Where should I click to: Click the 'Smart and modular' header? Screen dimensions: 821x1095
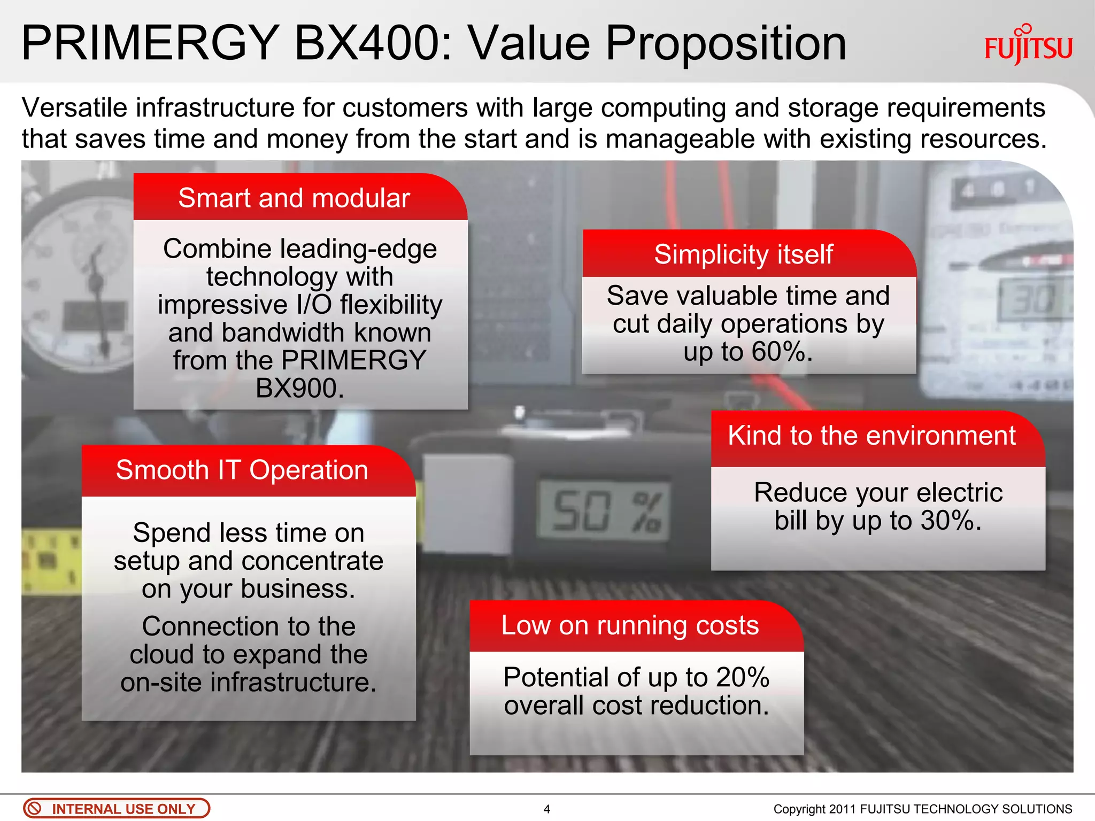294,198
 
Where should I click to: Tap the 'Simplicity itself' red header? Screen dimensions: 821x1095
743,254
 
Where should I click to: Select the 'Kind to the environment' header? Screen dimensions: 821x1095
872,436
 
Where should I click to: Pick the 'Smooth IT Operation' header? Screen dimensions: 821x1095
242,470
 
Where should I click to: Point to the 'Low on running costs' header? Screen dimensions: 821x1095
630,625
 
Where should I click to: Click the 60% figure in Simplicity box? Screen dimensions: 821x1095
782,352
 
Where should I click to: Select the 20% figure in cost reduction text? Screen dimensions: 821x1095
743,677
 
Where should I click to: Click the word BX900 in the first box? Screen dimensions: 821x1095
299,388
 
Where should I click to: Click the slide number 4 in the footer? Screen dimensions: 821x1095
546,809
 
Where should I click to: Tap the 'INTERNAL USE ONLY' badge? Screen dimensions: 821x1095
117,809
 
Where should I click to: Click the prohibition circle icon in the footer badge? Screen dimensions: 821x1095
34,809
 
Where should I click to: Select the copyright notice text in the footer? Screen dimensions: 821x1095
923,809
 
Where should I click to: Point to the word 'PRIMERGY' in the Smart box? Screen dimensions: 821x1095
353,360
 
